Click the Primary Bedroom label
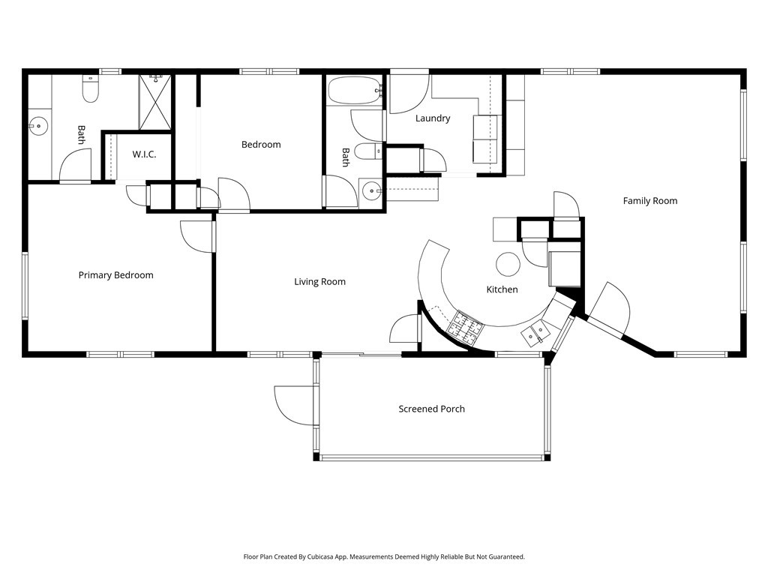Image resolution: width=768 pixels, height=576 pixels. click(x=115, y=275)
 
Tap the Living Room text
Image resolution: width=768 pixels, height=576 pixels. click(x=319, y=282)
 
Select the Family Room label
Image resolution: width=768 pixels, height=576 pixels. click(x=649, y=201)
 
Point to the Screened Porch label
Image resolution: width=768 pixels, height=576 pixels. click(x=431, y=409)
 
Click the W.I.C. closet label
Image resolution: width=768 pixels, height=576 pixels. click(x=144, y=154)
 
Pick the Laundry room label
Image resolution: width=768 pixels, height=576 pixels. click(x=433, y=118)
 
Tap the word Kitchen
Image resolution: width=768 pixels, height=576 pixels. click(x=502, y=289)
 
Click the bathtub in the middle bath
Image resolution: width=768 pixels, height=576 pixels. click(x=355, y=91)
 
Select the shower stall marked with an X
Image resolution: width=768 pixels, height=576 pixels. click(x=155, y=102)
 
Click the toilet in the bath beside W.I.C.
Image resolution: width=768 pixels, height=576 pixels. click(x=91, y=90)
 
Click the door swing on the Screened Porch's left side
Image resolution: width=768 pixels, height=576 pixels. click(x=296, y=406)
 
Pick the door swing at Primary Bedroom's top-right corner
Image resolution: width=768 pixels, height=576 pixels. click(x=196, y=236)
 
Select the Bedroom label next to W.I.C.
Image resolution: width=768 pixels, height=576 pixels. click(x=261, y=145)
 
